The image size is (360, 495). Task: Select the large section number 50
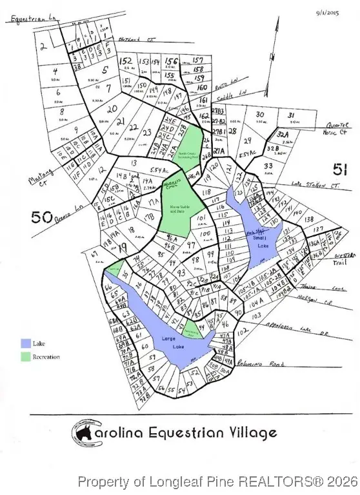click(x=41, y=217)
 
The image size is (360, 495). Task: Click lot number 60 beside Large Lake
click(x=144, y=345)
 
